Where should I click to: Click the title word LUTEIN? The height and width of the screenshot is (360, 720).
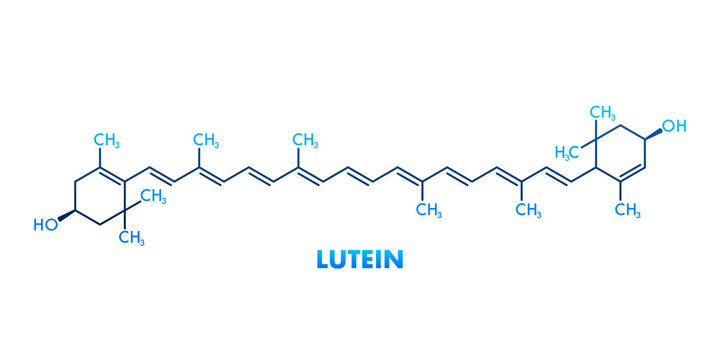[360, 259]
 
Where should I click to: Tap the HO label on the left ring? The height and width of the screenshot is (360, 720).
[46, 225]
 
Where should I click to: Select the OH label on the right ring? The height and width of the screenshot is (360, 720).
[675, 126]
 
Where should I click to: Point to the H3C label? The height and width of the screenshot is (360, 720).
[568, 152]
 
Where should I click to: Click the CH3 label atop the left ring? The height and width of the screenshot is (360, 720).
[107, 138]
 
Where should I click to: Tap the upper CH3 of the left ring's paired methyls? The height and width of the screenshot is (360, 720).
[152, 196]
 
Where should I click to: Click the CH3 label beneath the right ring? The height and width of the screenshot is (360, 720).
[627, 209]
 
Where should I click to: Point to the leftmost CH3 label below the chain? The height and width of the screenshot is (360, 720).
[429, 208]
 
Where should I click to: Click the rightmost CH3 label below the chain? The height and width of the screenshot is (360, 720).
[528, 208]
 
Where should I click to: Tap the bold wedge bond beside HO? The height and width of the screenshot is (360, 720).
[68, 215]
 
